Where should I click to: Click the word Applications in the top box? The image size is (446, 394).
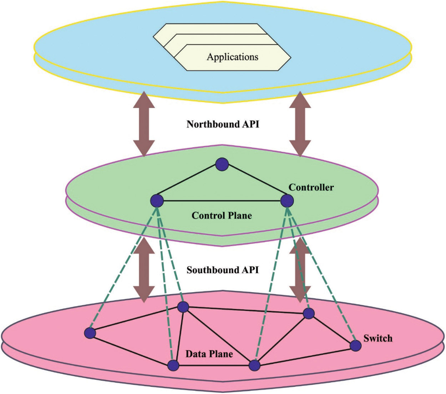[x=232, y=57]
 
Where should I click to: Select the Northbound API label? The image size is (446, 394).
[x=223, y=124]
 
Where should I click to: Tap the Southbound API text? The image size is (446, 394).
[x=223, y=270]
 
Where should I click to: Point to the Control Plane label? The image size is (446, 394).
[x=222, y=215]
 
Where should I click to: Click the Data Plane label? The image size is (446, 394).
[x=209, y=354]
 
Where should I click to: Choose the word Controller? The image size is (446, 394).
[x=311, y=187]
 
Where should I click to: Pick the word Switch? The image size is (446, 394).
[x=378, y=338]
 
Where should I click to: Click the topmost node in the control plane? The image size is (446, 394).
[x=222, y=164]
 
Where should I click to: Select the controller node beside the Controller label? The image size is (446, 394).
[x=287, y=201]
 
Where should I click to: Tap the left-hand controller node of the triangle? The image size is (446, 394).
[x=157, y=201]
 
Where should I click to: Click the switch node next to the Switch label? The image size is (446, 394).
[x=355, y=345]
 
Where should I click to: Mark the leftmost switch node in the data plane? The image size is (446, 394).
[x=90, y=333]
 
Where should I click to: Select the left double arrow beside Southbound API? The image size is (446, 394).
[x=144, y=270]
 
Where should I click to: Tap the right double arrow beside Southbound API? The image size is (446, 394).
[x=300, y=270]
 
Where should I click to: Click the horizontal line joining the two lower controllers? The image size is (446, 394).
[x=222, y=201]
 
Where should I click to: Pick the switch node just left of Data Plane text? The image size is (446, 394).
[x=173, y=365]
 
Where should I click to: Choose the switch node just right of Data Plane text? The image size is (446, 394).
[x=254, y=365]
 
